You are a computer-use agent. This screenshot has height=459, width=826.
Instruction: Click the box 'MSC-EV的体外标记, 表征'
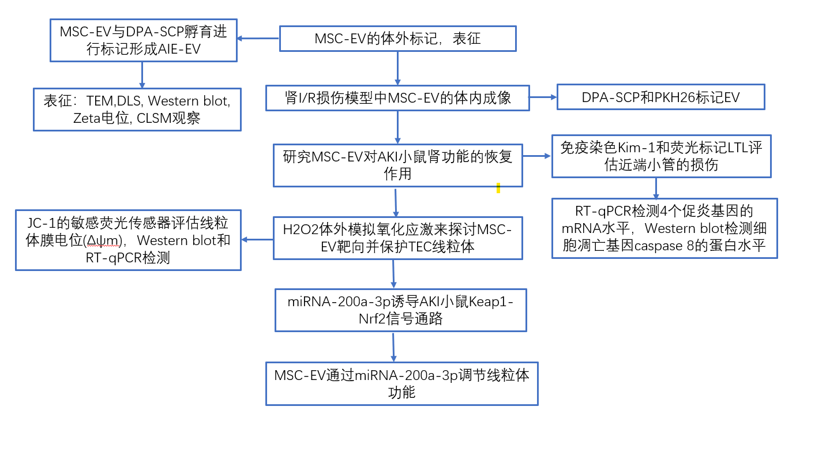397,39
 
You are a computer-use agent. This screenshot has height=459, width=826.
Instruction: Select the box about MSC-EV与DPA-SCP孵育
143,40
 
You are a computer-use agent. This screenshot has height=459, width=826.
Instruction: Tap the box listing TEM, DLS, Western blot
137,110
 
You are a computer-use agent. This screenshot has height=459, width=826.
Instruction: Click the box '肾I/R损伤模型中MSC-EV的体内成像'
397,97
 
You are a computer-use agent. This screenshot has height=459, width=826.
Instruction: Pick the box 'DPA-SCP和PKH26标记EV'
660,97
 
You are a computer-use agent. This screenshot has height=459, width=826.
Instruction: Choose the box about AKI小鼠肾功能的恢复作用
397,165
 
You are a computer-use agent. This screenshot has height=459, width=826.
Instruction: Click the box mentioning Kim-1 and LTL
661,156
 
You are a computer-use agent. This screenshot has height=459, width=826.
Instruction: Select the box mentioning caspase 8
664,228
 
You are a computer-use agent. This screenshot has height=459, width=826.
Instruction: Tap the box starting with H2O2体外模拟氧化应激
397,238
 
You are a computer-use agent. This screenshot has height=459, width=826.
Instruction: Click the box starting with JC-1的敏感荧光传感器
128,240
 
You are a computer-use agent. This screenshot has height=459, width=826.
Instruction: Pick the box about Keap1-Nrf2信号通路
400,310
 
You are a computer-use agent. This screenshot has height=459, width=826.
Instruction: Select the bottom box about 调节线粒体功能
401,383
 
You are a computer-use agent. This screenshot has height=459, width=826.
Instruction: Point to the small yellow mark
498,188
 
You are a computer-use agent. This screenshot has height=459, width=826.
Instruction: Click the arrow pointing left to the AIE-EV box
258,39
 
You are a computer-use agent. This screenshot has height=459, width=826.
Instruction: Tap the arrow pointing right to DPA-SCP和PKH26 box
543,97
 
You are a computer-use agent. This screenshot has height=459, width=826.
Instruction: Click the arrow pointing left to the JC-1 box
257,239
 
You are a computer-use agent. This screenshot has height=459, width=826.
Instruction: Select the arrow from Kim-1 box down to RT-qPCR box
656,188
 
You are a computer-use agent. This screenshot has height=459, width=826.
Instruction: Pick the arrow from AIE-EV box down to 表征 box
142,74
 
